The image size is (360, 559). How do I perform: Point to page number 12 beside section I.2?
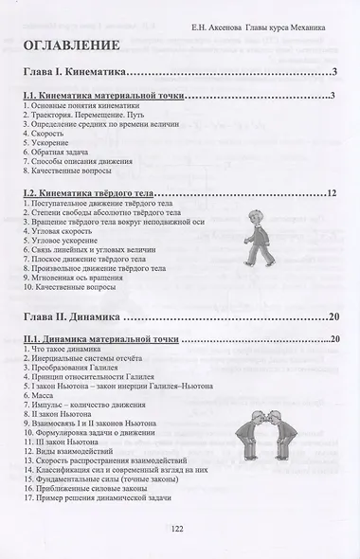pos(332,193)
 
